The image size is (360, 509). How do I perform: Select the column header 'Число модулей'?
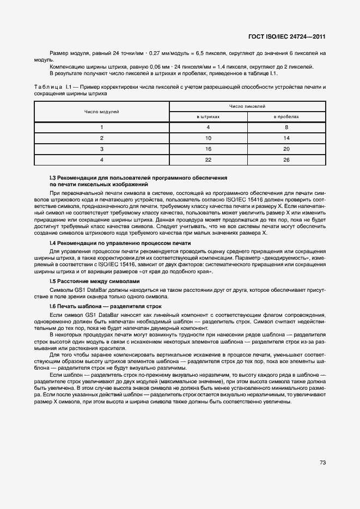point(101,112)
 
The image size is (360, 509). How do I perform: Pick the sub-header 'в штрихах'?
point(208,116)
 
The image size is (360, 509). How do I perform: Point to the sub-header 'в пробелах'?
point(286,116)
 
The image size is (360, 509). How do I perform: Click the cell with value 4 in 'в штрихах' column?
point(208,127)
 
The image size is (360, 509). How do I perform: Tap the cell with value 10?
point(208,138)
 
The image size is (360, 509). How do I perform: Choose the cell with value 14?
point(286,138)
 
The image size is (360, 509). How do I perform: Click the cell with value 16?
point(208,149)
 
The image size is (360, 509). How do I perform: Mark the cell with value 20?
point(286,149)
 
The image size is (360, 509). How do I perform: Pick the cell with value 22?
point(208,159)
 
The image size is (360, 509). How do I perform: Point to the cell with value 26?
point(286,159)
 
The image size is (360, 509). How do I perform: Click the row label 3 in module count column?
point(101,149)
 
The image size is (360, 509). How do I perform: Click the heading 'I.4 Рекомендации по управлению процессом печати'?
point(120,242)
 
